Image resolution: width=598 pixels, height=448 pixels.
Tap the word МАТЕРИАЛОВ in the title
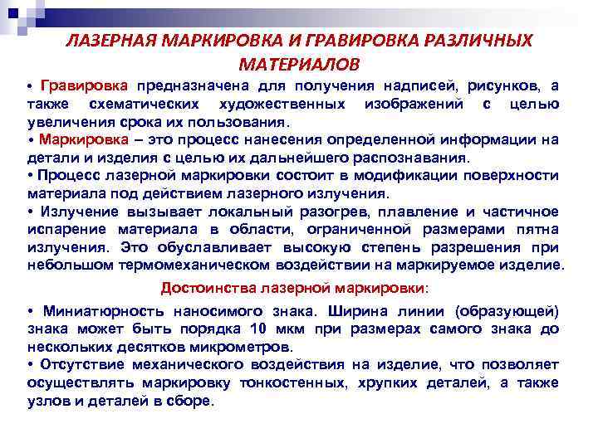[300, 64]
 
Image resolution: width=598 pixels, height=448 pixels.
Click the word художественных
[282, 104]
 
